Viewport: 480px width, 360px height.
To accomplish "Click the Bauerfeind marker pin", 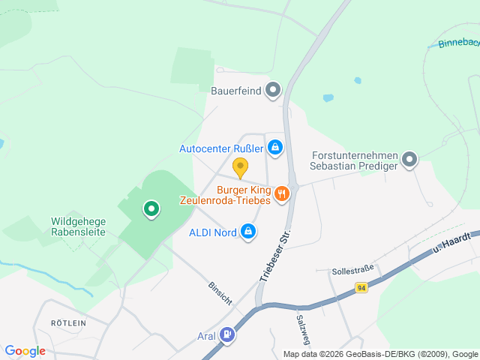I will (x=273, y=91).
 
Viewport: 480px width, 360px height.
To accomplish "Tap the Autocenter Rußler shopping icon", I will (x=276, y=148).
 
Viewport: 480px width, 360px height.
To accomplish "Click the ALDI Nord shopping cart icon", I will (x=247, y=233).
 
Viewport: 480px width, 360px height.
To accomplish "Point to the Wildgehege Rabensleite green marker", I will (x=151, y=209).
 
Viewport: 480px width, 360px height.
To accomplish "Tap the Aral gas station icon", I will (x=226, y=335).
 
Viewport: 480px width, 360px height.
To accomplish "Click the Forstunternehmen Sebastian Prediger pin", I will (x=409, y=159).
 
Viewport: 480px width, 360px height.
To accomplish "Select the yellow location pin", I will (x=240, y=167).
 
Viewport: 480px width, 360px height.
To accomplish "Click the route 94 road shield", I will (x=361, y=288).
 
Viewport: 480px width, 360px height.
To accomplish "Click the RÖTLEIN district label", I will (x=68, y=322).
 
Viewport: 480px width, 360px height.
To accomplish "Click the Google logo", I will (x=25, y=351).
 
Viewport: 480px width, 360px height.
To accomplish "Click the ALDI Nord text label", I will (x=213, y=233).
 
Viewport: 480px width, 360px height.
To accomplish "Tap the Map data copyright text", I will (x=380, y=354).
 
